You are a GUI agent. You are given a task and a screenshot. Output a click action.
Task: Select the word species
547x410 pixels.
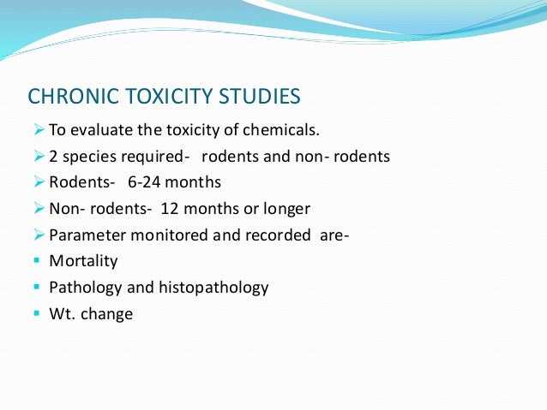(x=85, y=157)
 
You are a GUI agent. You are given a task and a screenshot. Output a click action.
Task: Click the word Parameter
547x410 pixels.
(x=83, y=235)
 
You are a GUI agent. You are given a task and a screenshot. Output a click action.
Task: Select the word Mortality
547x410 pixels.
(x=82, y=261)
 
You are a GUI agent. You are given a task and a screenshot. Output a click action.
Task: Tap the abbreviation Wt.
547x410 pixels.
(x=61, y=314)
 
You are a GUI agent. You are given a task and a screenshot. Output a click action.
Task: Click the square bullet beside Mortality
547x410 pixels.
(x=36, y=261)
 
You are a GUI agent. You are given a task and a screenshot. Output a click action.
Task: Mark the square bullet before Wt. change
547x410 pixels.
(x=36, y=314)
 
